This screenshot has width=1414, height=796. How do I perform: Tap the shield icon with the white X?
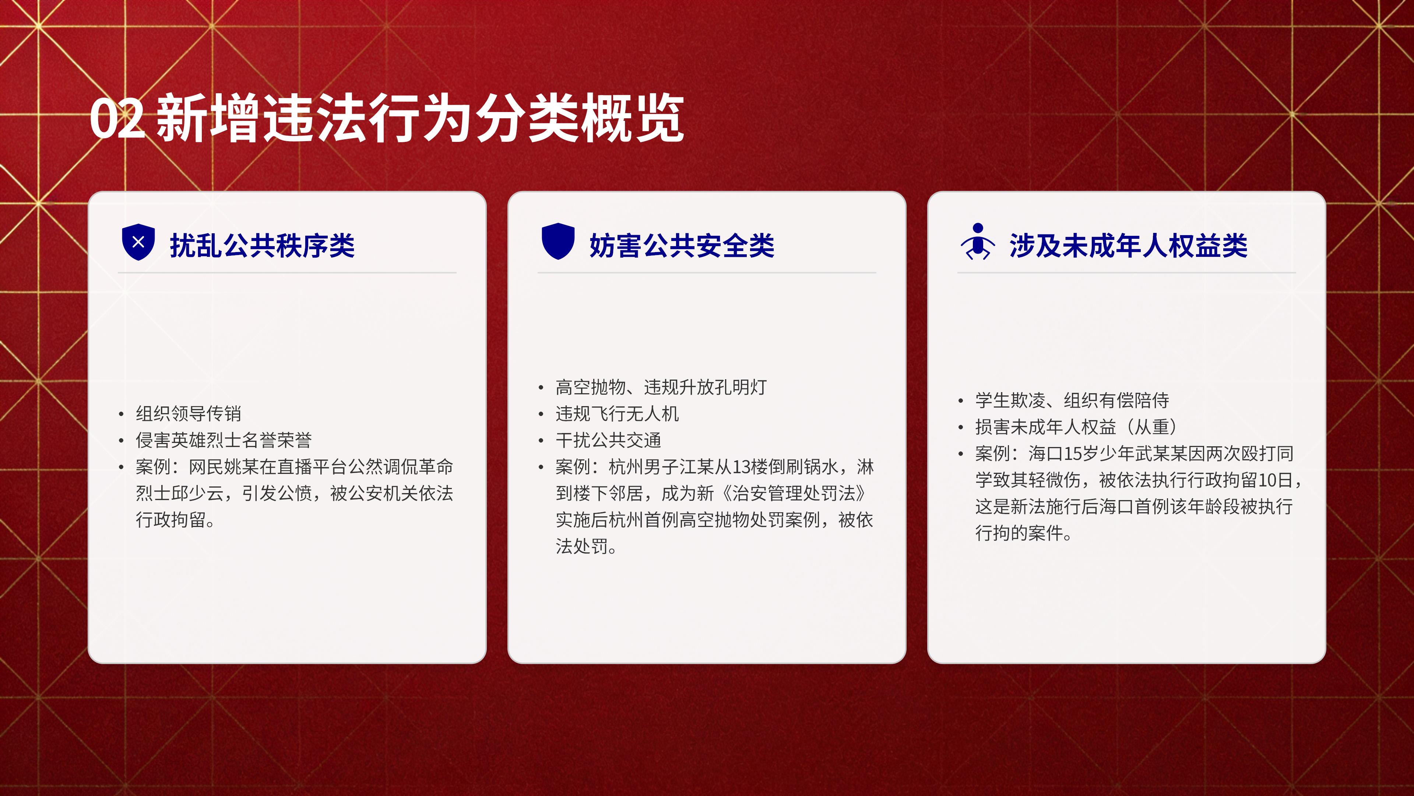[138, 242]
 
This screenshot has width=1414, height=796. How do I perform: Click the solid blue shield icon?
[558, 241]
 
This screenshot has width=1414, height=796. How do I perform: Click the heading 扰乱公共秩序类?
[263, 245]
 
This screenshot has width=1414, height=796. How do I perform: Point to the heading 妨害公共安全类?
[682, 245]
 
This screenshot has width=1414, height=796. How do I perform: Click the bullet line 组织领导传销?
[188, 413]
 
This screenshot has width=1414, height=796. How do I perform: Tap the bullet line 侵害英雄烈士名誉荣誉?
[224, 440]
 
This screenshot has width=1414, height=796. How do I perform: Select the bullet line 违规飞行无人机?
[617, 413]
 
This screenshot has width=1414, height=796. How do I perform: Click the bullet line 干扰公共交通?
[608, 440]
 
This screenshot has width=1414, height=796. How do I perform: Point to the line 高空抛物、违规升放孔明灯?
[661, 387]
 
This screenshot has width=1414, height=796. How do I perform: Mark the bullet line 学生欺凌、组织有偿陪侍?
[1072, 400]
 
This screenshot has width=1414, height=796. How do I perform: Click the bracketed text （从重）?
[1151, 426]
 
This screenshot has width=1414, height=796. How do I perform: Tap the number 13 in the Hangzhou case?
[742, 467]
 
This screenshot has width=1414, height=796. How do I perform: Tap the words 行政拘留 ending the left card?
[171, 519]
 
